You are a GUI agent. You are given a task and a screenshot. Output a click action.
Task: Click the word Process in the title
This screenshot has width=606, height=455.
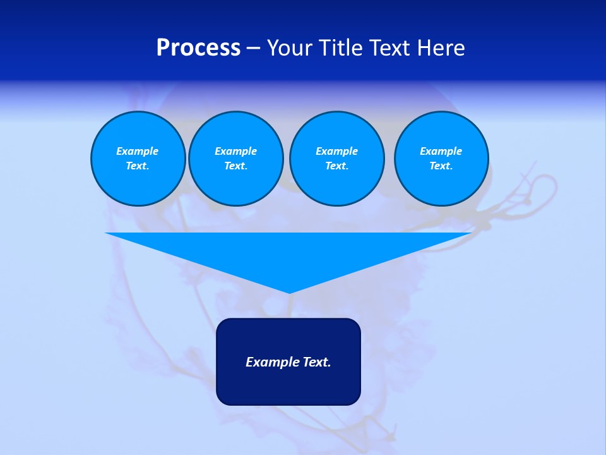[x=198, y=48]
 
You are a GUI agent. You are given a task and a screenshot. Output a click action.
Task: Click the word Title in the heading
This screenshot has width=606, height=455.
[x=340, y=48]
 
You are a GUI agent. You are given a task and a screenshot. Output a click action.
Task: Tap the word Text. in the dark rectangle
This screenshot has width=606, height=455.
[x=316, y=362]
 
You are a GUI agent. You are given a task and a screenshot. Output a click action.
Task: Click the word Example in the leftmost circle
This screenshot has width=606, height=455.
[x=138, y=151]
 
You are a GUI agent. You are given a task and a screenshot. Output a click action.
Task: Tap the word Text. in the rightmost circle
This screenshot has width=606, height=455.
[x=441, y=166]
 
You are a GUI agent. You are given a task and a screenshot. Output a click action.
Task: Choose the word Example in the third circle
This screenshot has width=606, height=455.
[x=336, y=151]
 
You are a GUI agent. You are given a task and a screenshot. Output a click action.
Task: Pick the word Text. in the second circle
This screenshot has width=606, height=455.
[x=235, y=166]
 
